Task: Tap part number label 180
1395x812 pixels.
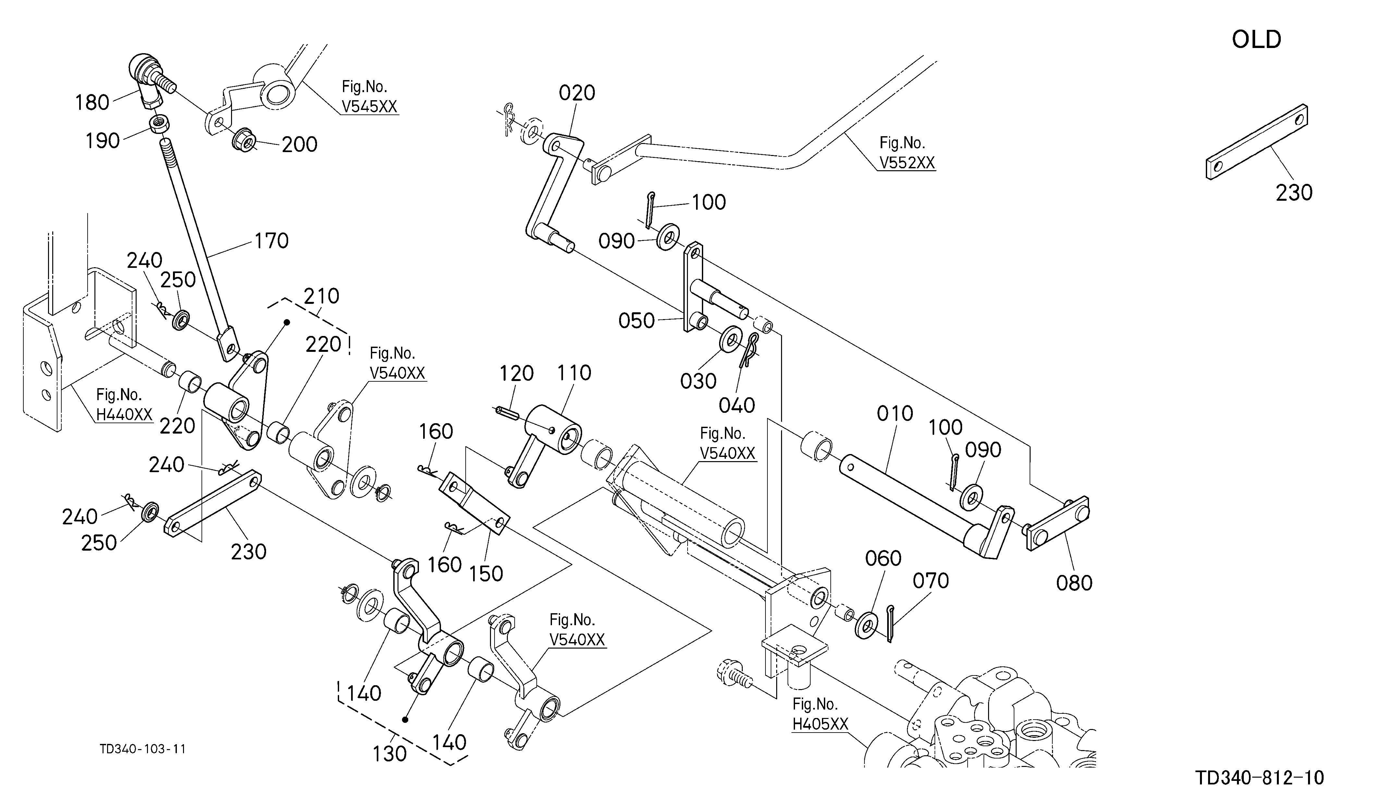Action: pos(92,102)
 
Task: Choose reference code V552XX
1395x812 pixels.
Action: pos(907,162)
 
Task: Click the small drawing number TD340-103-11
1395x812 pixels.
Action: pos(143,749)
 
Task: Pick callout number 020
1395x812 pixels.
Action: pos(577,93)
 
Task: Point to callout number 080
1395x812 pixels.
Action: pos(1074,583)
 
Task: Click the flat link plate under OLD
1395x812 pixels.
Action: pos(1257,142)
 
